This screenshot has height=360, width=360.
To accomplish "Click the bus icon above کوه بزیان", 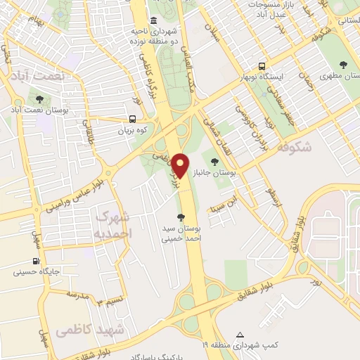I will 133,120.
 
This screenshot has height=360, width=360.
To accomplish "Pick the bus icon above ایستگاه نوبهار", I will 262,65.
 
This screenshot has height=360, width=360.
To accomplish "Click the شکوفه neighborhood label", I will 294,148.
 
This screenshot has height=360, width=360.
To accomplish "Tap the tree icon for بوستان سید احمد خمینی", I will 181,218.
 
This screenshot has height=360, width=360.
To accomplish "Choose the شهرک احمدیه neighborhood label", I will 112,224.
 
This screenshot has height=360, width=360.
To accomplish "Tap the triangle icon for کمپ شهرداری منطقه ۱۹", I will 240,334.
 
